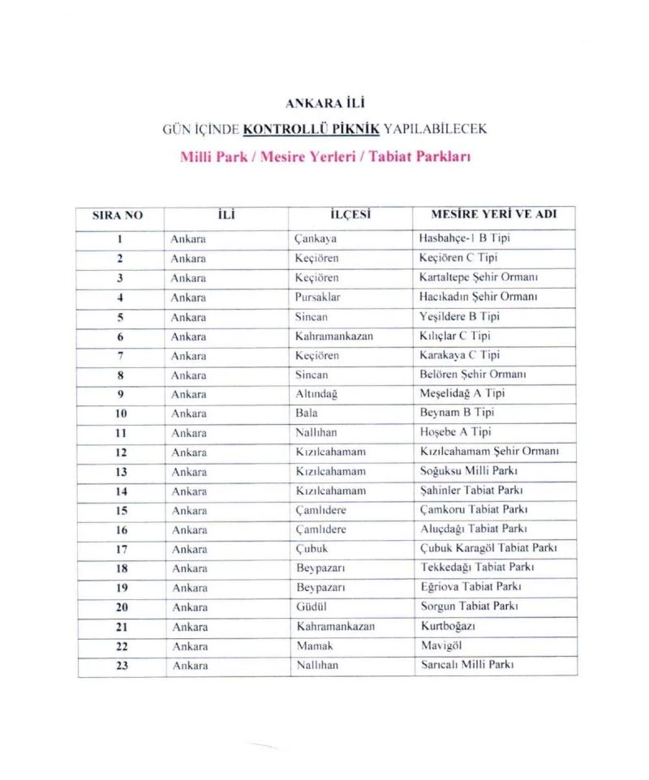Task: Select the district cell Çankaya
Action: (x=316, y=239)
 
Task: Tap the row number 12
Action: (x=119, y=452)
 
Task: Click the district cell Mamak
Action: (x=313, y=646)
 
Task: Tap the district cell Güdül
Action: (x=311, y=606)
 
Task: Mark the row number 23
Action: (x=119, y=666)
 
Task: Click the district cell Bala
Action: (x=306, y=414)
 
